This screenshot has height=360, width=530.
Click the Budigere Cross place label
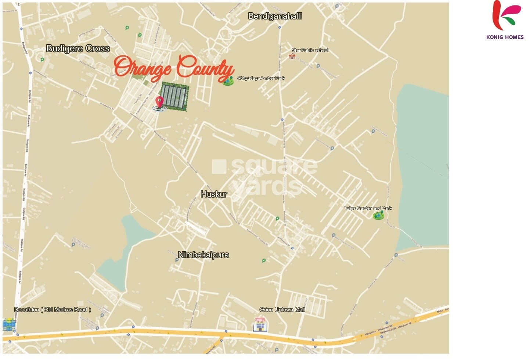(78, 48)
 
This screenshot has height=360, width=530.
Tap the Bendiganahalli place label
(275, 16)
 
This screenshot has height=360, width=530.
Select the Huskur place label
(214, 194)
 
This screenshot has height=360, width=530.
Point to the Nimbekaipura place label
(203, 255)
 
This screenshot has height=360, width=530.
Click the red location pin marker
(159, 101)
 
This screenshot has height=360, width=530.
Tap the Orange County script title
(174, 68)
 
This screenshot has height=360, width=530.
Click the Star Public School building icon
(292, 56)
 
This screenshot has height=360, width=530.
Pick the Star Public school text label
(310, 50)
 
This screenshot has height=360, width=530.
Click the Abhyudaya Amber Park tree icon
(228, 81)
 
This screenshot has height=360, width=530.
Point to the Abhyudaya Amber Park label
(261, 78)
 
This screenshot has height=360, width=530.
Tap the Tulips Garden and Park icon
(378, 216)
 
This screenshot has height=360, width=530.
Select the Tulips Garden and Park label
(368, 208)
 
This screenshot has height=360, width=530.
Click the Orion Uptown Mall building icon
(260, 325)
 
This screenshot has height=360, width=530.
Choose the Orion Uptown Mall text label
(282, 310)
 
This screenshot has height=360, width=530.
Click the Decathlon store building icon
(9, 325)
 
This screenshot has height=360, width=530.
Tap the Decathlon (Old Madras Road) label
(53, 310)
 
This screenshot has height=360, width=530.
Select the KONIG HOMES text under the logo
(505, 37)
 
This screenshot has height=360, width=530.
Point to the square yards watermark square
(219, 166)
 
